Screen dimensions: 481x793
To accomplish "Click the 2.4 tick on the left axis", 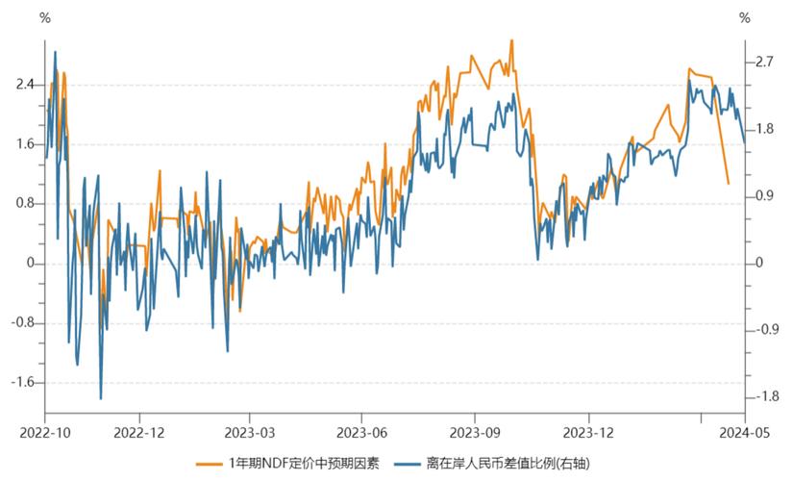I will click(25, 85).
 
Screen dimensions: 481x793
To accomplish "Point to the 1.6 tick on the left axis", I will click(25, 144).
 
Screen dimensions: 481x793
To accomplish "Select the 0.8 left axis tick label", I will click(25, 204).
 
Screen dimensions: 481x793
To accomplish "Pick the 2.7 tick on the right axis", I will click(763, 63).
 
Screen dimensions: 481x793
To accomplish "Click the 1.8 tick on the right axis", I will click(763, 129).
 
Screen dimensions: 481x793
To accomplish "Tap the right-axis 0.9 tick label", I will click(763, 196).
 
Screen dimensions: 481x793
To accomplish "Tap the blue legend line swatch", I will click(409, 464).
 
